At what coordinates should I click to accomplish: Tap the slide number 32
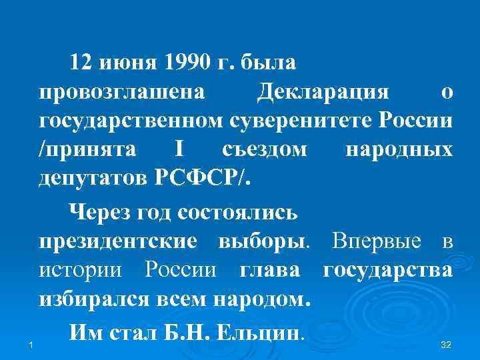pos(447,344)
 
